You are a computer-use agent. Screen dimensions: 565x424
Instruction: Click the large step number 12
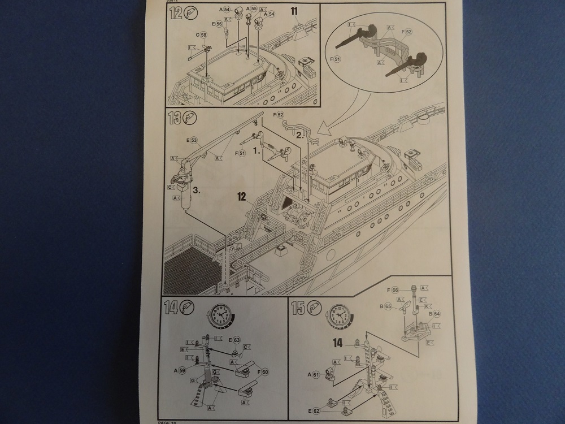coord(175,14)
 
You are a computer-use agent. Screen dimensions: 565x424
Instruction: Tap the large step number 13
coord(175,119)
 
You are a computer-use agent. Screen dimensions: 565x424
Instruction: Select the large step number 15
coord(298,308)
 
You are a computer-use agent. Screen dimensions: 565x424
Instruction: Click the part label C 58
coord(201,35)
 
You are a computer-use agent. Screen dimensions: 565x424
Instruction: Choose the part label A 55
coord(250,10)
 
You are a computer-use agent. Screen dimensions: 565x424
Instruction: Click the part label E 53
coord(192,140)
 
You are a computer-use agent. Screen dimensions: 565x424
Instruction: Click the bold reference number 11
coord(295,11)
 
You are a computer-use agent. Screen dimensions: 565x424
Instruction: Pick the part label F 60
coord(264,372)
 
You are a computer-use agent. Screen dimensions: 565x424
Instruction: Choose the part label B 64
coord(434,314)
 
